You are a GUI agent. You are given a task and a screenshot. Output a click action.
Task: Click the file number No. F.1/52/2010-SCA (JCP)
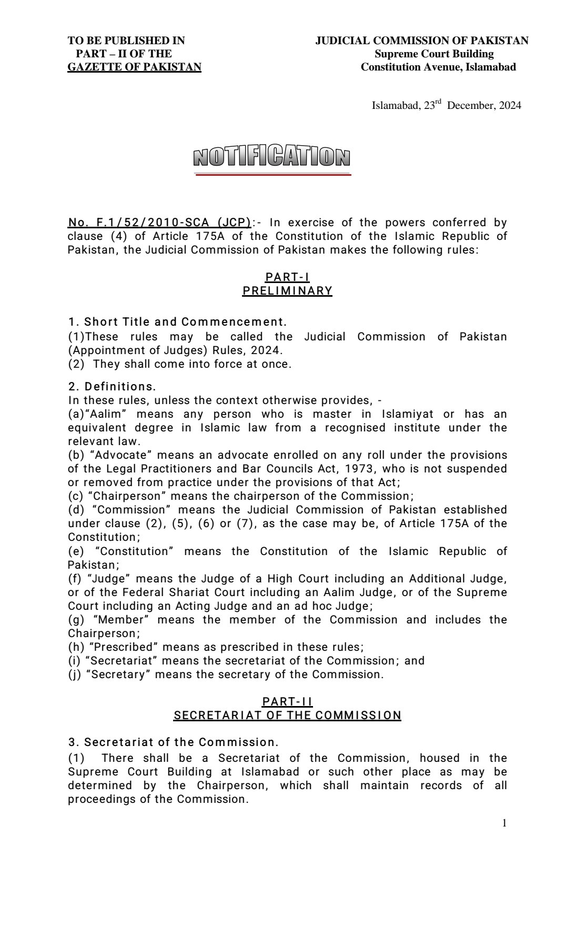click(159, 223)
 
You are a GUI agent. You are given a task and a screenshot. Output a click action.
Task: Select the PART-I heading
click(287, 277)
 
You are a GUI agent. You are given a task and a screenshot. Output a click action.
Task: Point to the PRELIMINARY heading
click(287, 291)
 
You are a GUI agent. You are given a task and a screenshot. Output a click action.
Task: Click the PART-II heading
click(287, 702)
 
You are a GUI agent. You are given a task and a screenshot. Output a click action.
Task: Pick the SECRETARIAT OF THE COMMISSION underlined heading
click(287, 716)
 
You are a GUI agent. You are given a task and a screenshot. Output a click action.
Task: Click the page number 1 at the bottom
click(505, 823)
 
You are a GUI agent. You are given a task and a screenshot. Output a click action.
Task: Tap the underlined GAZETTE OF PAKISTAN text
click(134, 67)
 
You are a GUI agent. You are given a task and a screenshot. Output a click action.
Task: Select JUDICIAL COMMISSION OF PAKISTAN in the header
click(422, 41)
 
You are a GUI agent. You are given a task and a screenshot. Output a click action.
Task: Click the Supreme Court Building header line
click(434, 54)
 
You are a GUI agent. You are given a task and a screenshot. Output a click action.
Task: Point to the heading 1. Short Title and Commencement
click(177, 321)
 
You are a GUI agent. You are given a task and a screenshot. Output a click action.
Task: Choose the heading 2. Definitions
click(112, 387)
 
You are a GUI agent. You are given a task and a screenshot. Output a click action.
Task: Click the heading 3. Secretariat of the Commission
click(173, 742)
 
